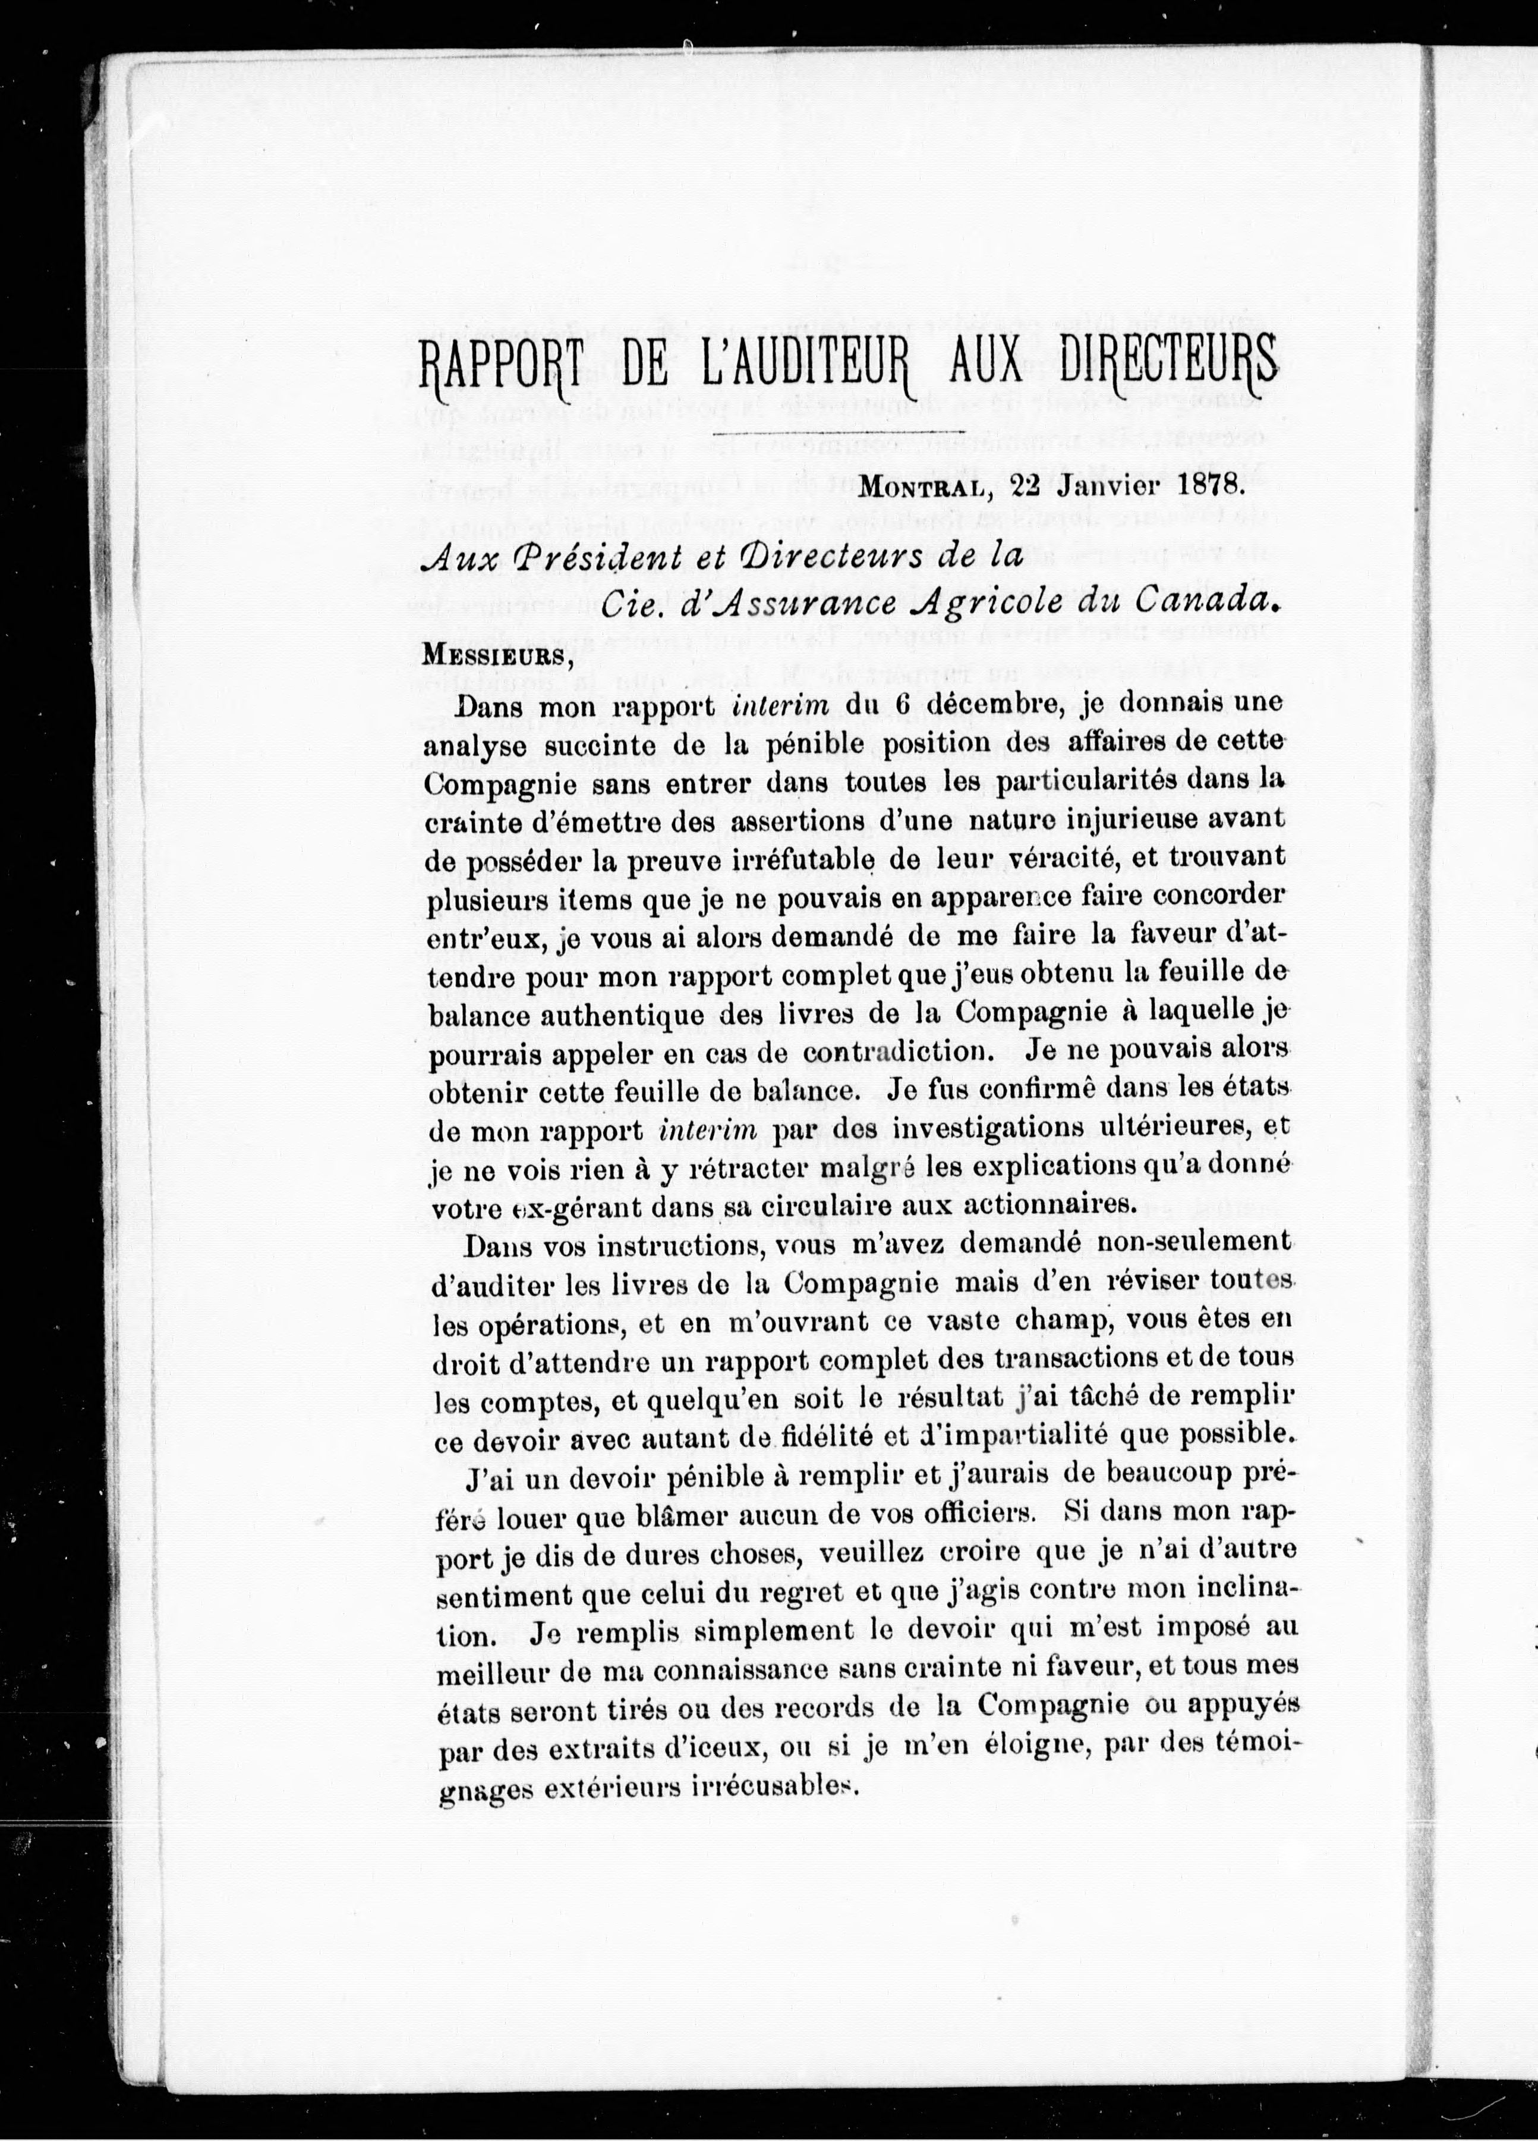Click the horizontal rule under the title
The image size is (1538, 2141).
tap(831, 435)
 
